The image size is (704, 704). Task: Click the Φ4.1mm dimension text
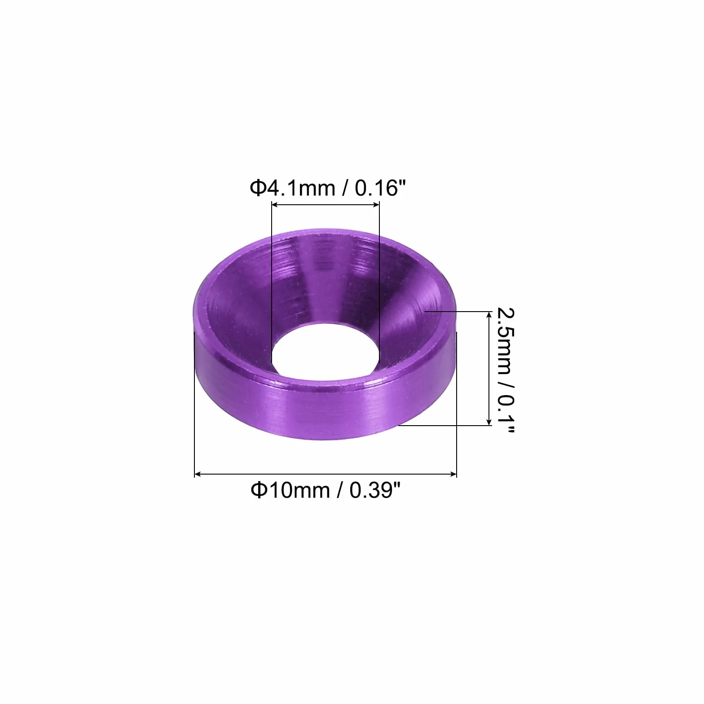292,188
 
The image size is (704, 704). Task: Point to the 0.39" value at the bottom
374,490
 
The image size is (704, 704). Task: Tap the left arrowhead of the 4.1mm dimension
276,205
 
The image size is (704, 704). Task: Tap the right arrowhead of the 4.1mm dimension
375,205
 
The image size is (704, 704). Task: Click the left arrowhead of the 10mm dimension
198,474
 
